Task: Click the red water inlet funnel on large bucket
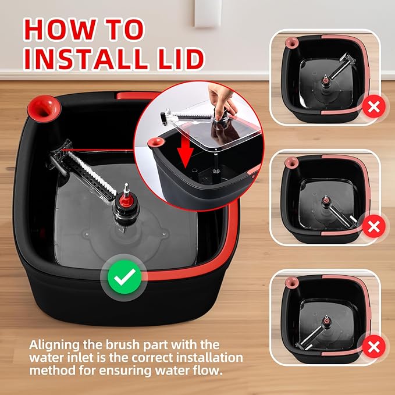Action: pos(44,106)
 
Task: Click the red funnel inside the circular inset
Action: pos(156,143)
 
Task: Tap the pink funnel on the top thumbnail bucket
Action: pos(290,42)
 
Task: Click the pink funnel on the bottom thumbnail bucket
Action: pos(290,283)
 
